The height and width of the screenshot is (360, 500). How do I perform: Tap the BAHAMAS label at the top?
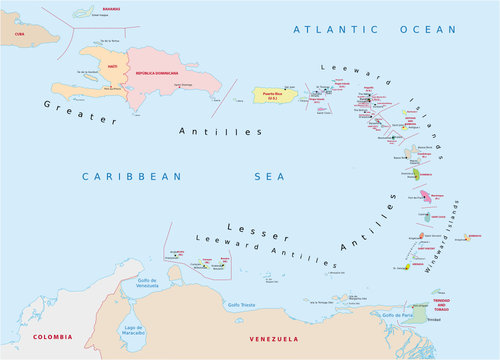(96, 7)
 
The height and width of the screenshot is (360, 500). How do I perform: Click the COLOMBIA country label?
(53, 336)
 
